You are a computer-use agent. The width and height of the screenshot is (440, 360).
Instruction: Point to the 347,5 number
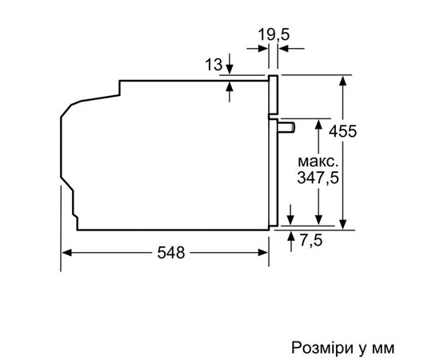[318, 178]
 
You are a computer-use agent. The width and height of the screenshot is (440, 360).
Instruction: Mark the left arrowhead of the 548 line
[66, 254]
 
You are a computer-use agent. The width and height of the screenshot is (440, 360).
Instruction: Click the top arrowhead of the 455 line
[345, 80]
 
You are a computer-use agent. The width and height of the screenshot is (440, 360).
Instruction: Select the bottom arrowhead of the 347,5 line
[319, 225]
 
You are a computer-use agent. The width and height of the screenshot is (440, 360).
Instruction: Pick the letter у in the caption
[363, 350]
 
